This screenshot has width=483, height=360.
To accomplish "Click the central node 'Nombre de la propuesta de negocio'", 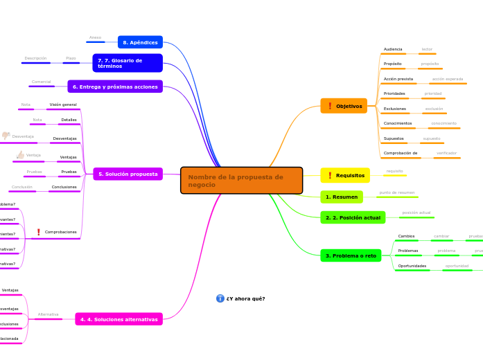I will point(241,181).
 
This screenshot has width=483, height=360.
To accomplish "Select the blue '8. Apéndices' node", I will point(140,42).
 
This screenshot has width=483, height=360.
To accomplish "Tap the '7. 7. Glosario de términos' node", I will point(128,63).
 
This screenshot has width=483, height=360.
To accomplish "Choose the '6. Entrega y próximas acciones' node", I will point(115,87).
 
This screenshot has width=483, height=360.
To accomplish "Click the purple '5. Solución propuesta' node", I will point(128,174).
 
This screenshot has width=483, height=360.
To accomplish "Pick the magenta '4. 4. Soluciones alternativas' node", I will point(118,319).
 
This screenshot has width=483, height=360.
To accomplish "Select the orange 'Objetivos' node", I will point(344,106).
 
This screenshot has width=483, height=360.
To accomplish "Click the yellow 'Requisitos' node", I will point(344,175).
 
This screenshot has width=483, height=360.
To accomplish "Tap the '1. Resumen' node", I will point(342,197).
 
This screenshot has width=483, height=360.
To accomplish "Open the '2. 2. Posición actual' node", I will point(353,217).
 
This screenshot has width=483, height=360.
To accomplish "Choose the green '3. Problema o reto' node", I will point(351,255).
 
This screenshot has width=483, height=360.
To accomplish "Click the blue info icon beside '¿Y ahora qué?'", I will point(220,298).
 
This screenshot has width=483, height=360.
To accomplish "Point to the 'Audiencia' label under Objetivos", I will point(393,49).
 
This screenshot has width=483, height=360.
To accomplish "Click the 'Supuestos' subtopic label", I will point(394,138).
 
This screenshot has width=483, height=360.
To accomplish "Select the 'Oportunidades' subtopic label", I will point(412,266).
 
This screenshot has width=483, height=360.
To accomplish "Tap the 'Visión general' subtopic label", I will point(63,105).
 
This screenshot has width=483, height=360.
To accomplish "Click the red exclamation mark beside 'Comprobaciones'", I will point(38,232).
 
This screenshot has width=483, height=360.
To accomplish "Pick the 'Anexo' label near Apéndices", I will point(95,37).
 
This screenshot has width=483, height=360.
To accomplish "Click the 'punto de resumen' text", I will point(396,192).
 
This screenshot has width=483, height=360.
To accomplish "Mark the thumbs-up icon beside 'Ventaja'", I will point(20,155).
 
